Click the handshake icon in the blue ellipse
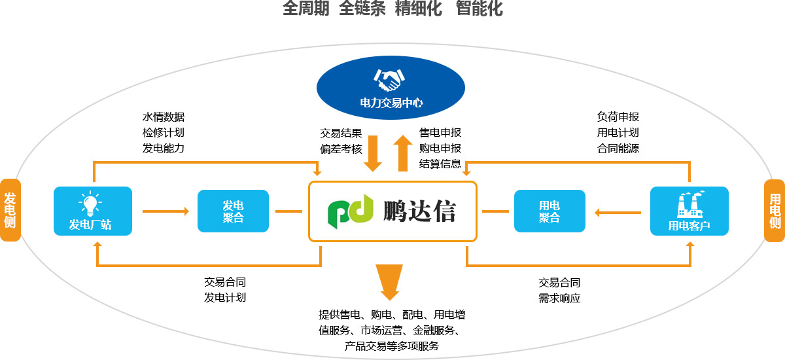(x=390, y=80)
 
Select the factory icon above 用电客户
(x=689, y=204)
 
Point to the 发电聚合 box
(x=233, y=211)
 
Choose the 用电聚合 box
(x=549, y=211)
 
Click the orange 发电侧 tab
(x=10, y=210)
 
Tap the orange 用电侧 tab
(x=775, y=210)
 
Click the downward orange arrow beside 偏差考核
(x=373, y=153)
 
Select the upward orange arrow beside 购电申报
(x=403, y=152)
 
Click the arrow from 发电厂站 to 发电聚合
(x=166, y=211)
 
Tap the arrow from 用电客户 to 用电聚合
(x=617, y=211)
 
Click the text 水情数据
(x=164, y=117)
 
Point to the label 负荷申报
(x=618, y=117)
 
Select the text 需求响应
(x=559, y=298)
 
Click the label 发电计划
(x=225, y=298)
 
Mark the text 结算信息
(x=440, y=164)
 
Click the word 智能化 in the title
(x=480, y=9)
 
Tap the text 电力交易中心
(x=391, y=103)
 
